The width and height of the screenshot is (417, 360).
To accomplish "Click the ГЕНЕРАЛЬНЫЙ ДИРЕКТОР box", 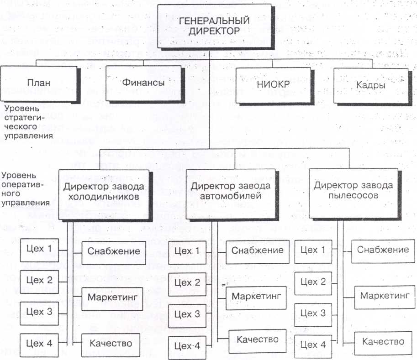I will [209, 26].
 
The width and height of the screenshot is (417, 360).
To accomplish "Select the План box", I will [39, 84].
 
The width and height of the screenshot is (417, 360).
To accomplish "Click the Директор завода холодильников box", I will [104, 192].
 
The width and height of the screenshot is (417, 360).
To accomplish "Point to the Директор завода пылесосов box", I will [353, 191].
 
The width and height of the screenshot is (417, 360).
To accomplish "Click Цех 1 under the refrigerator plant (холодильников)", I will [39, 249].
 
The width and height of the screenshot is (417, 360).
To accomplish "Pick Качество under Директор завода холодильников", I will [111, 342].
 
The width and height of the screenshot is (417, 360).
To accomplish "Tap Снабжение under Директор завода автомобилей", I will [257, 250].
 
